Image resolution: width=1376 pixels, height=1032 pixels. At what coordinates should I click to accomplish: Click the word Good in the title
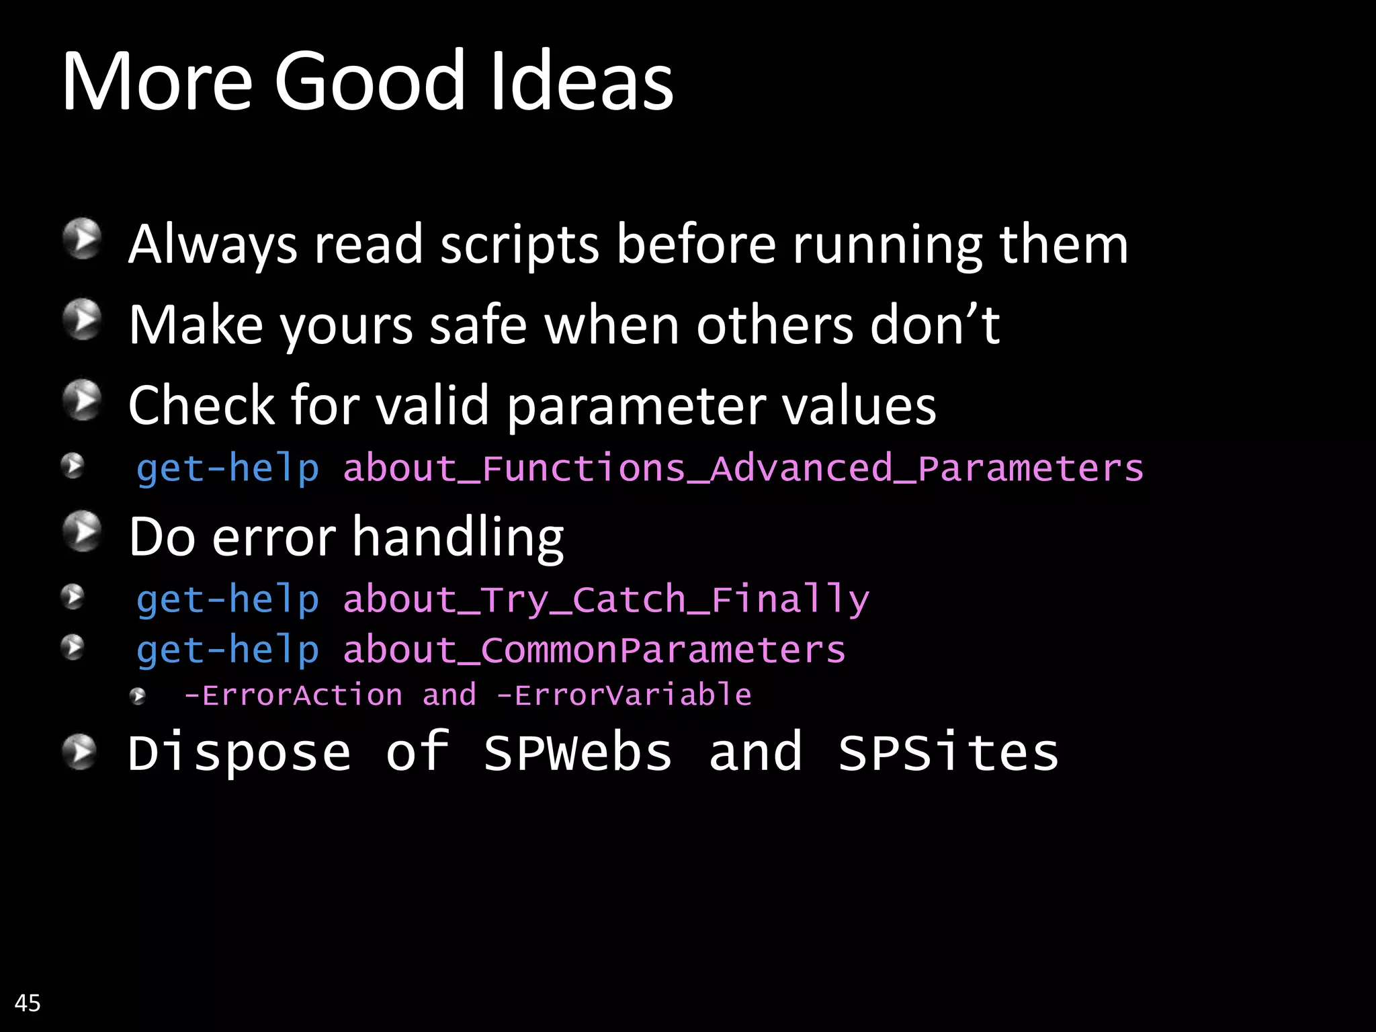point(369,81)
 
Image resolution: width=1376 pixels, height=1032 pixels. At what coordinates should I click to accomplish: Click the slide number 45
point(28,1003)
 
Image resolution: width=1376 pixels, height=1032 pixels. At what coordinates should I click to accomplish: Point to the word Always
point(212,245)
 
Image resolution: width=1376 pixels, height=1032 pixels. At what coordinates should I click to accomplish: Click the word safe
point(478,326)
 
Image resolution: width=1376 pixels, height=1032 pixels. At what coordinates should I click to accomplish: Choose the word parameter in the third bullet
point(636,407)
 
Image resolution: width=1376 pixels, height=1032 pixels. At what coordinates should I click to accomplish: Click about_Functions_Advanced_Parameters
point(743,468)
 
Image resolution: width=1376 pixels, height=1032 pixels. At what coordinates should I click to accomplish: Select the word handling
point(458,538)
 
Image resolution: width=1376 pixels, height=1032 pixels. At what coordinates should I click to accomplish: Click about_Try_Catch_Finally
point(606,599)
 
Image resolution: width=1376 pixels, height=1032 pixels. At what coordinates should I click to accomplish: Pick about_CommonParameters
point(594,650)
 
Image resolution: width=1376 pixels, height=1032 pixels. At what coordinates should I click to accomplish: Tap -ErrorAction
point(293,695)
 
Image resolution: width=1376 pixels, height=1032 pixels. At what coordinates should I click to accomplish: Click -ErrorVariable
point(623,695)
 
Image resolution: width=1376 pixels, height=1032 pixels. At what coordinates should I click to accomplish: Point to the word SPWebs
point(578,752)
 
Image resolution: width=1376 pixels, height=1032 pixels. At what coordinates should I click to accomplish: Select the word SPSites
point(948,752)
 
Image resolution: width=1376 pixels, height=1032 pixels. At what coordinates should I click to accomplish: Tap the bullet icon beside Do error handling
point(82,531)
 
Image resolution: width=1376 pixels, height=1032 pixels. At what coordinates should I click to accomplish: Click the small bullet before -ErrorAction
point(138,696)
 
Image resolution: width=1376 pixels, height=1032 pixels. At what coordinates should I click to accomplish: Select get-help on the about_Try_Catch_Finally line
point(228,599)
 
